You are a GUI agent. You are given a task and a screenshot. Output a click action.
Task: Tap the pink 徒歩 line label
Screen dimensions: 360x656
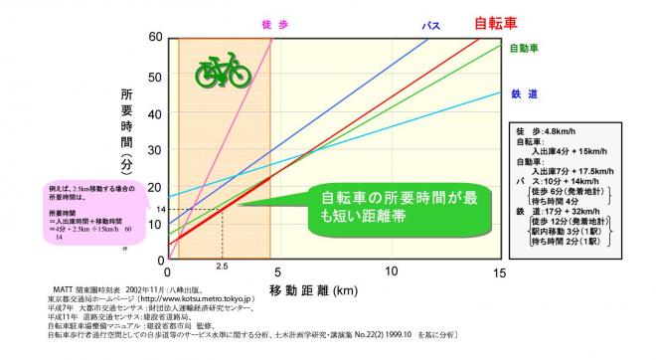coord(269,24)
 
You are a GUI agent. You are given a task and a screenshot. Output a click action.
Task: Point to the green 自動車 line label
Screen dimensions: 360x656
coord(524,47)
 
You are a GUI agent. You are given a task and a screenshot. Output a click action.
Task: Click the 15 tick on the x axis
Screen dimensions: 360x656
coord(499,271)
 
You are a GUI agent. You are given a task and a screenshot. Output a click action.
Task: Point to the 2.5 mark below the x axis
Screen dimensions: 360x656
coord(221,269)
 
